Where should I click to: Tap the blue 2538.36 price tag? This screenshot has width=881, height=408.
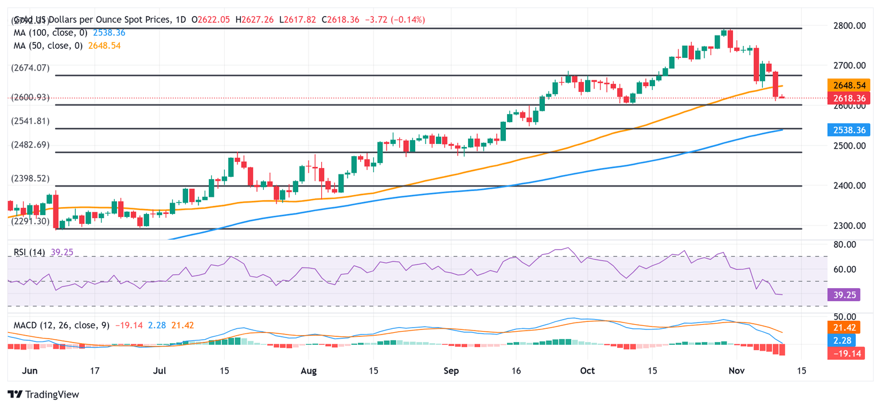[x=849, y=130]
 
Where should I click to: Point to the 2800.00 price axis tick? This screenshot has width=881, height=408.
[x=849, y=26]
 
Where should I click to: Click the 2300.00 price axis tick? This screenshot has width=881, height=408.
[x=849, y=226]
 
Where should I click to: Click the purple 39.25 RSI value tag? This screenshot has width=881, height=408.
[x=844, y=294]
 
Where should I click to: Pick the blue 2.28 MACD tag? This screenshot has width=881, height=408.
[x=844, y=340]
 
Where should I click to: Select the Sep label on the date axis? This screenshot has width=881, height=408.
[x=451, y=371]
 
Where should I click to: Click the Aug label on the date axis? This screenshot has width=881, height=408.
[x=309, y=371]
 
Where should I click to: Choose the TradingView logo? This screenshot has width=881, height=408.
[x=44, y=394]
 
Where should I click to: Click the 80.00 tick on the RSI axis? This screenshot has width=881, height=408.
[x=844, y=244]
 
